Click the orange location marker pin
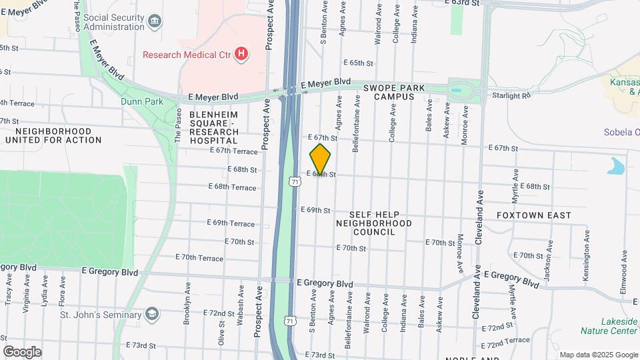321,159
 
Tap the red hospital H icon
241,53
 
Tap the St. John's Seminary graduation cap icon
153,314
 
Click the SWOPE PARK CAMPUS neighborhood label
388,92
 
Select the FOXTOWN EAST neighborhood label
533,215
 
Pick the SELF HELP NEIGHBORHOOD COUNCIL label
365,221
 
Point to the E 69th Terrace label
231,223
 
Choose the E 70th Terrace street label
199,257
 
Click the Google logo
22,351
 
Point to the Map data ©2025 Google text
598,355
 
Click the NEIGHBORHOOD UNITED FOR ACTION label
53,135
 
